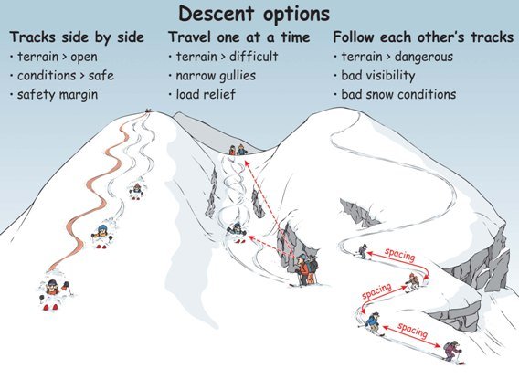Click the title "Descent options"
click(x=254, y=15)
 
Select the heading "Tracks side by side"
click(x=77, y=37)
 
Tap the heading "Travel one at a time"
click(x=239, y=37)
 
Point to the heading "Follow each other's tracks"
click(x=423, y=37)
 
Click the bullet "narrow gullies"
click(x=216, y=76)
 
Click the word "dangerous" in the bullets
click(x=424, y=57)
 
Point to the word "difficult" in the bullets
click(x=253, y=57)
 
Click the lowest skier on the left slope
click(x=53, y=293)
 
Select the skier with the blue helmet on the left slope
click(x=102, y=236)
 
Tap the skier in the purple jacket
click(x=453, y=352)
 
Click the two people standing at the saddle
click(x=238, y=150)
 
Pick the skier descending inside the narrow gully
click(x=237, y=232)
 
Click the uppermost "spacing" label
click(x=399, y=256)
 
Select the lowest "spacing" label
click(x=412, y=331)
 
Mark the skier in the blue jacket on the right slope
click(x=374, y=323)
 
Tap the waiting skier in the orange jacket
click(x=302, y=268)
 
